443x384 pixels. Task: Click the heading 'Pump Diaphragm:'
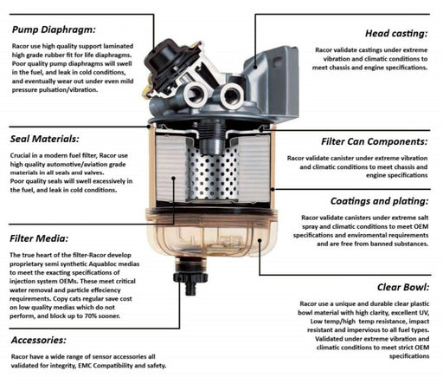[54, 29]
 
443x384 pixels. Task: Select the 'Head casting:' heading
[396, 34]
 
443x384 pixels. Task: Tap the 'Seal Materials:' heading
[44, 139]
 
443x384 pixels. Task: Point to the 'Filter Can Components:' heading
[375, 141]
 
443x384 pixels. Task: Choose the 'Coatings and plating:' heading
[379, 201]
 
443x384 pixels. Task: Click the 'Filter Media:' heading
[39, 238]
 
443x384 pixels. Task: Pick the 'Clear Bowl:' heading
[403, 287]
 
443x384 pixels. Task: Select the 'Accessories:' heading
[39, 340]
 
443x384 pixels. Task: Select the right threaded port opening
[232, 95]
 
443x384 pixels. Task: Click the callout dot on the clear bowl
[260, 240]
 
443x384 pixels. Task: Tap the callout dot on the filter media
[173, 179]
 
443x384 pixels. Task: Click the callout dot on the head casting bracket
[255, 67]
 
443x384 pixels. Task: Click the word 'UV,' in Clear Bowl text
[424, 313]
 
